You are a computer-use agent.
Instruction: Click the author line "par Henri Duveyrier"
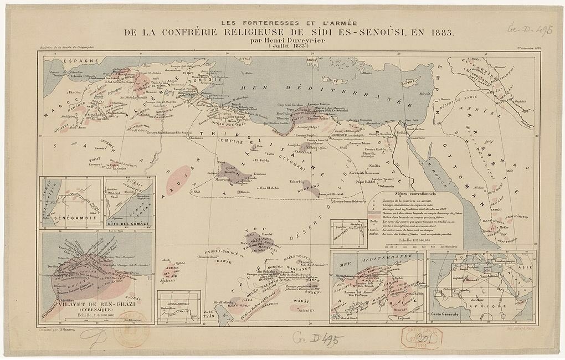tap(282, 40)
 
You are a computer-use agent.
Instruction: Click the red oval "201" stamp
tap(419, 337)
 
